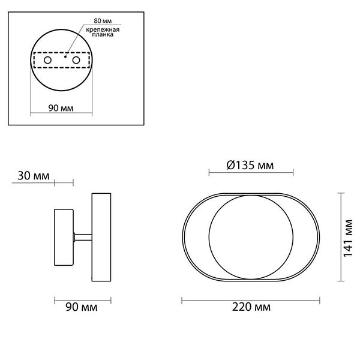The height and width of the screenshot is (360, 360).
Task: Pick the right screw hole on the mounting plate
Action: (x=76, y=61)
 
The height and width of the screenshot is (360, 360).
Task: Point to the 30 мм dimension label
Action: (x=33, y=176)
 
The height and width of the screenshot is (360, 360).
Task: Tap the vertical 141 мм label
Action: (x=349, y=237)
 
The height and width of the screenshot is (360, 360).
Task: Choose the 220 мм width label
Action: (x=250, y=308)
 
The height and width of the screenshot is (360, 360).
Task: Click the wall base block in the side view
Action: (x=64, y=238)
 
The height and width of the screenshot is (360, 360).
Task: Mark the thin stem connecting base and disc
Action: (x=82, y=238)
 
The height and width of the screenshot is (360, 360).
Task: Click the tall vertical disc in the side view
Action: (x=101, y=238)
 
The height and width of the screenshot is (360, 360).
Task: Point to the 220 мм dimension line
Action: (x=250, y=299)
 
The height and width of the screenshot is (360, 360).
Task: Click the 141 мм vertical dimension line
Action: (x=341, y=238)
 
